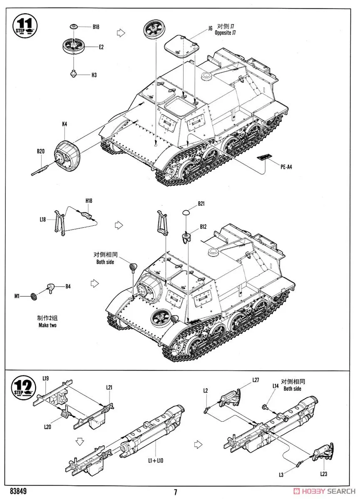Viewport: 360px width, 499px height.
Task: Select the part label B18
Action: pyautogui.click(x=96, y=27)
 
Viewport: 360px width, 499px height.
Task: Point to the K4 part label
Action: pyautogui.click(x=65, y=124)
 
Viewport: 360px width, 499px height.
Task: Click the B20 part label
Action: pyautogui.click(x=40, y=151)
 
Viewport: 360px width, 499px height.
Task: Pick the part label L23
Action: pyautogui.click(x=324, y=474)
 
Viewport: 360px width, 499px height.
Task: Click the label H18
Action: pyautogui.click(x=89, y=201)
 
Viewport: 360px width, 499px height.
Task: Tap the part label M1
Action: pyautogui.click(x=17, y=296)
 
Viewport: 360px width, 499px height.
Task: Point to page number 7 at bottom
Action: pyautogui.click(x=176, y=492)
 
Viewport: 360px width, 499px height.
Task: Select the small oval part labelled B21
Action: pyautogui.click(x=186, y=212)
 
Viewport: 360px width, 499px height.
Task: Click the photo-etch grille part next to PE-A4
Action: pyautogui.click(x=263, y=157)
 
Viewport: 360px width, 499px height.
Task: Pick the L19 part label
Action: pyautogui.click(x=46, y=378)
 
